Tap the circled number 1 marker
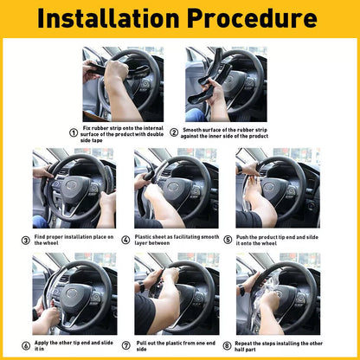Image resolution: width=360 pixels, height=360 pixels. [x=74, y=132]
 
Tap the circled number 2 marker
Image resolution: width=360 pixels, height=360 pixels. [x=174, y=132]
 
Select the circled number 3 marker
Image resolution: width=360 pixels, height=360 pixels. [x=25, y=240]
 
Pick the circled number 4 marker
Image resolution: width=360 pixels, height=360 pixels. [x=126, y=240]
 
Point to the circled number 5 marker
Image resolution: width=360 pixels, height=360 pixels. [x=228, y=240]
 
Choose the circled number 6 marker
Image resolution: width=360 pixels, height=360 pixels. [x=25, y=345]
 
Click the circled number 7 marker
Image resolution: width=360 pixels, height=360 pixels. [x=126, y=345]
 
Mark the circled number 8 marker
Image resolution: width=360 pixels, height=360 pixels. [x=228, y=345]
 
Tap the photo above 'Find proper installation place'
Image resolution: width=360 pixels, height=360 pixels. [x=74, y=189]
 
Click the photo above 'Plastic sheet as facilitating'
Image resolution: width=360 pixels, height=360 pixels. [x=177, y=189]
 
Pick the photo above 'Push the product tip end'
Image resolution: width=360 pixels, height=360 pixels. [x=278, y=189]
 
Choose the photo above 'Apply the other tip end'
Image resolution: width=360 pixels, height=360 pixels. [x=74, y=293]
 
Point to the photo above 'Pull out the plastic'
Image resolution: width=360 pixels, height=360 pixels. [x=177, y=293]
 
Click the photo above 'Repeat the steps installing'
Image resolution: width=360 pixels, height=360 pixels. [x=278, y=293]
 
